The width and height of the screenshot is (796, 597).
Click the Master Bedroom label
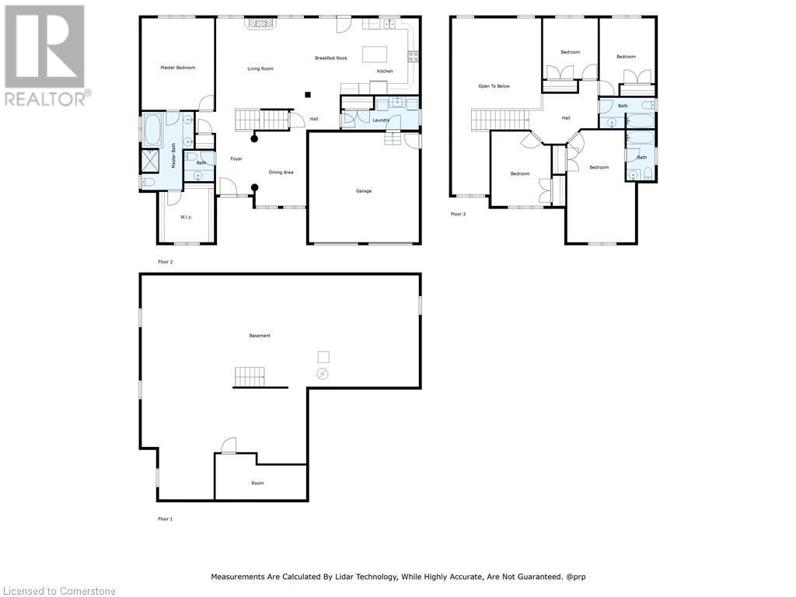point(178,68)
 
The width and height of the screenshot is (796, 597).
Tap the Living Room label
point(260,68)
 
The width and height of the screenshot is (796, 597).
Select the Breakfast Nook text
point(331,58)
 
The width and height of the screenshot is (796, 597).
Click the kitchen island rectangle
point(375,54)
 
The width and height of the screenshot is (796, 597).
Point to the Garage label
point(364,191)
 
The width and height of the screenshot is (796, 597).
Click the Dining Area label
point(281,172)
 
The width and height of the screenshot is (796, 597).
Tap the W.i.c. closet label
point(186,217)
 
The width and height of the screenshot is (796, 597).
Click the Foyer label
point(236,159)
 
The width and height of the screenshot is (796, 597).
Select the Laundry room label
point(381,120)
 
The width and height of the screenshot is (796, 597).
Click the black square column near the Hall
point(308,94)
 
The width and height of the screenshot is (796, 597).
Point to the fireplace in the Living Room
point(260,23)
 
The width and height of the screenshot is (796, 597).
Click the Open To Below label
point(494,86)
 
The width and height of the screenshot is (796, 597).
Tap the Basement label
point(260,336)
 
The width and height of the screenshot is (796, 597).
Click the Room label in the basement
point(257,483)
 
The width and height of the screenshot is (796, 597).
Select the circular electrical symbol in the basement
point(323,374)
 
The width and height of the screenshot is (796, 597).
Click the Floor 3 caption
point(458,215)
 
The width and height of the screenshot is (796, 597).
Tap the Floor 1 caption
point(165,518)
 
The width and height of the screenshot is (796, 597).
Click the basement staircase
point(250,377)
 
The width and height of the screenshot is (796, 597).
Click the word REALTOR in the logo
point(44,99)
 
